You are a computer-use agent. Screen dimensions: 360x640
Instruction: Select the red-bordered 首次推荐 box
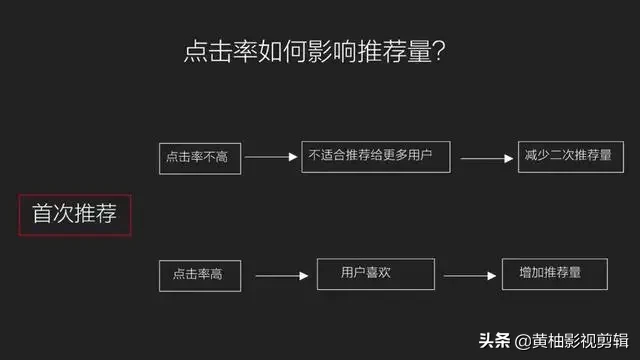coord(75,215)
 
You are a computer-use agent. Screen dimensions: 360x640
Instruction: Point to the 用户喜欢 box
coord(376,273)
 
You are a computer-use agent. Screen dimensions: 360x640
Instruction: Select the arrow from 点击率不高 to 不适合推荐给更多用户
coord(270,158)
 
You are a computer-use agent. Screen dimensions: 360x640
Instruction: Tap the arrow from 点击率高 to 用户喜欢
coord(280,275)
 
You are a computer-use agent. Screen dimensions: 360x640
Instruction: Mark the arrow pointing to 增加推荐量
coord(471,275)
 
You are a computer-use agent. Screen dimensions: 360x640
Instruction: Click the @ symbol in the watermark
coord(522,340)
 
